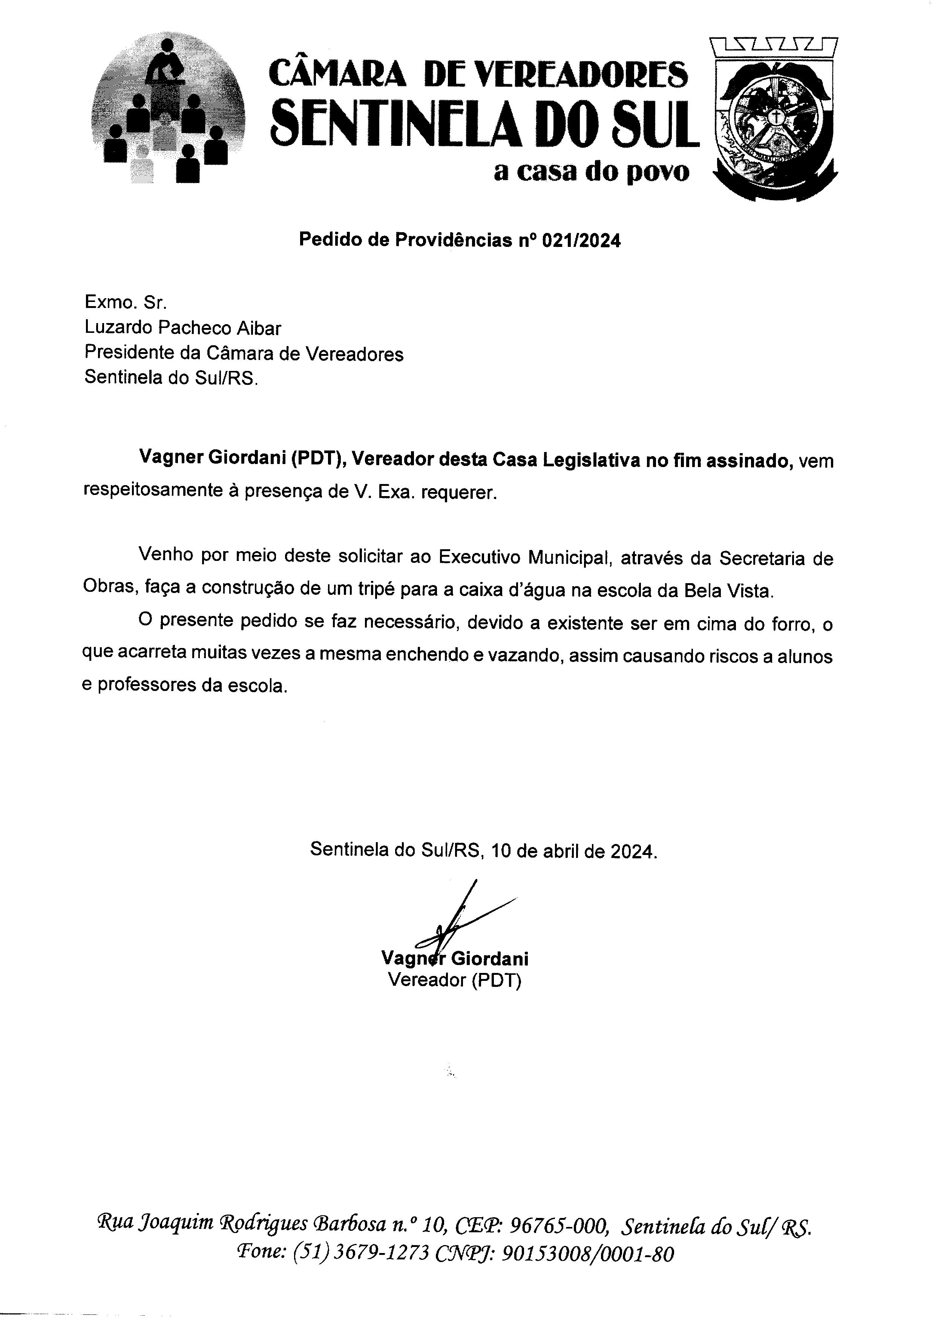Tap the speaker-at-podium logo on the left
pos(167,109)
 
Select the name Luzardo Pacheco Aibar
pos(183,328)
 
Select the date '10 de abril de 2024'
pos(574,851)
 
